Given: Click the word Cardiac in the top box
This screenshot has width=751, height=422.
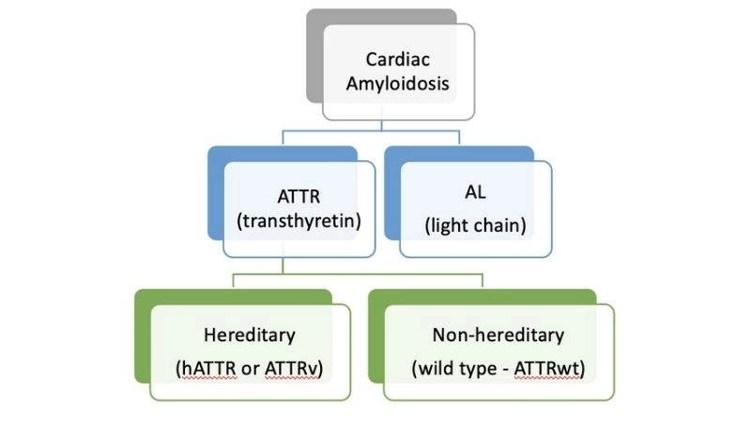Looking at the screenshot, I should click(397, 59).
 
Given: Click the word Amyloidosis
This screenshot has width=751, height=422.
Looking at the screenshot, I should click(397, 83).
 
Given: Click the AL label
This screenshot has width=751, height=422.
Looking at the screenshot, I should click(474, 194).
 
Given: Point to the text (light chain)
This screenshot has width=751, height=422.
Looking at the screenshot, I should click(474, 225).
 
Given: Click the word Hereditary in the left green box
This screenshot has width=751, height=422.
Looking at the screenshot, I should click(250, 335).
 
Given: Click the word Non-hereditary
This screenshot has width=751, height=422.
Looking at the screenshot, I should click(498, 335).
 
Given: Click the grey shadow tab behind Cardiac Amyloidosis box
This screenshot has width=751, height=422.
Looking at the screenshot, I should click(314, 56).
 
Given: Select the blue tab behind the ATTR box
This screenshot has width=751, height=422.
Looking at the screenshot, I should click(214, 197).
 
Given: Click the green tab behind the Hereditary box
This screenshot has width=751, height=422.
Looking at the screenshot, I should click(143, 338).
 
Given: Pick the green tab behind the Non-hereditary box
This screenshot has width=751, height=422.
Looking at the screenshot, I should click(375, 338).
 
